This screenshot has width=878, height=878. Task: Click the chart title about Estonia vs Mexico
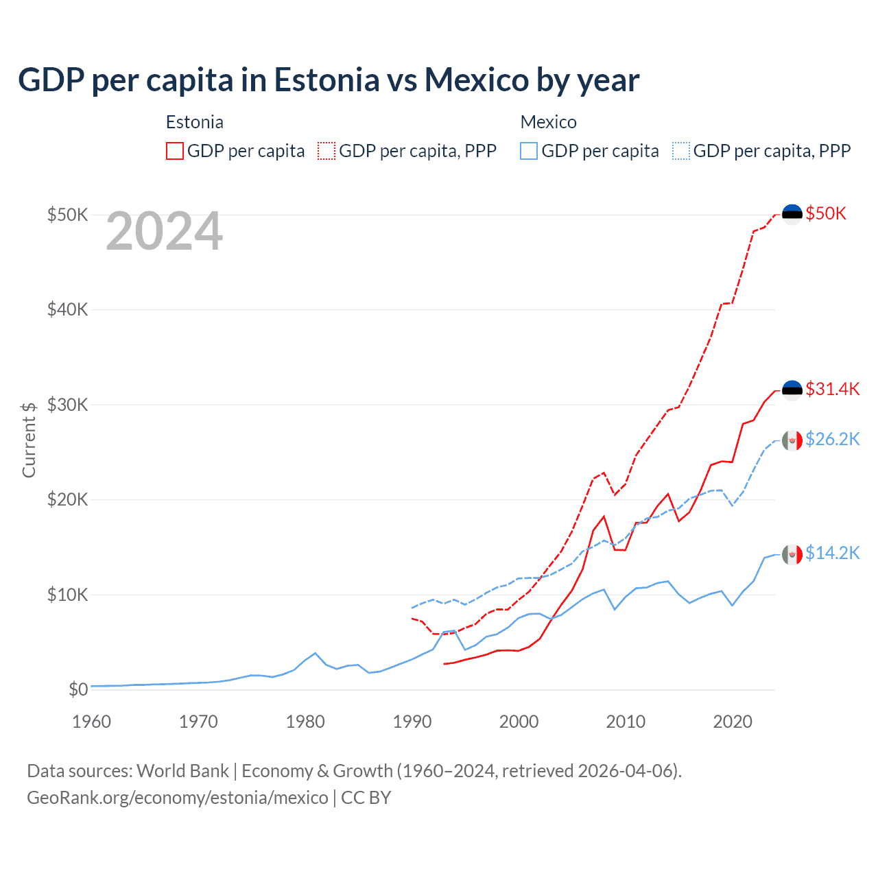pyautogui.click(x=329, y=80)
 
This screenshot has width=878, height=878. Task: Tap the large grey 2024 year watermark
pyautogui.click(x=164, y=232)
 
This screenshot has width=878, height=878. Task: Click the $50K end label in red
pyautogui.click(x=826, y=213)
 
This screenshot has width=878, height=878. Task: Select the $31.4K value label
pyautogui.click(x=832, y=389)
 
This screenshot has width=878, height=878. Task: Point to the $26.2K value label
pyautogui.click(x=832, y=439)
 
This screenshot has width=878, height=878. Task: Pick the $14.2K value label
pyautogui.click(x=832, y=553)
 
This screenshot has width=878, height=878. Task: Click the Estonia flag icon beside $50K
pyautogui.click(x=792, y=214)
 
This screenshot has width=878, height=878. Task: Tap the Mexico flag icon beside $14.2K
pyautogui.click(x=792, y=554)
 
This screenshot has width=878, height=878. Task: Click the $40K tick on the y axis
pyautogui.click(x=68, y=309)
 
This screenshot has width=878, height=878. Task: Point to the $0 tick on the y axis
pyautogui.click(x=78, y=689)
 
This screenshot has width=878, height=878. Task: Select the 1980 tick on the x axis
pyautogui.click(x=305, y=722)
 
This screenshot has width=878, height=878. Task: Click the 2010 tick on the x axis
pyautogui.click(x=626, y=722)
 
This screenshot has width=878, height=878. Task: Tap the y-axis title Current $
pyautogui.click(x=29, y=440)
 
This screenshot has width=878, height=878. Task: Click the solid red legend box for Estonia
pyautogui.click(x=175, y=151)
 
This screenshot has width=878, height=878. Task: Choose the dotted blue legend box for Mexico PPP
pyautogui.click(x=681, y=151)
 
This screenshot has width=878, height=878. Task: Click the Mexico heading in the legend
pyautogui.click(x=548, y=122)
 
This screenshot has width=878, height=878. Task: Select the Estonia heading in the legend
pyautogui.click(x=195, y=122)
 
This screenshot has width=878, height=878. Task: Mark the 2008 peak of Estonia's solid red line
pyautogui.click(x=604, y=517)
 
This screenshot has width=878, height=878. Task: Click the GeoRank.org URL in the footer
pyautogui.click(x=178, y=798)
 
